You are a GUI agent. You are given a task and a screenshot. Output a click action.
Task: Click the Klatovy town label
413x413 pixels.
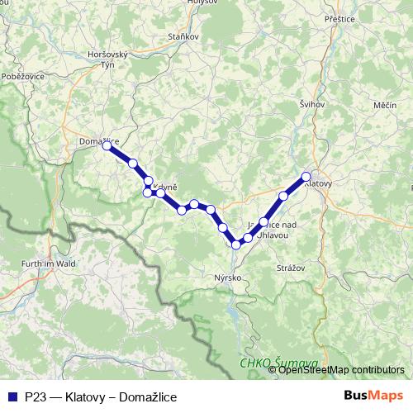(318, 184)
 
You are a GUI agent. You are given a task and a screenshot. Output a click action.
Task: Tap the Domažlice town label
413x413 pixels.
(97, 141)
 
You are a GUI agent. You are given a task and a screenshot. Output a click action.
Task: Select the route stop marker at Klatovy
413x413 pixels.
(306, 176)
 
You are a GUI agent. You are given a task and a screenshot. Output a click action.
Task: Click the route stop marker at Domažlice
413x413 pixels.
(107, 146)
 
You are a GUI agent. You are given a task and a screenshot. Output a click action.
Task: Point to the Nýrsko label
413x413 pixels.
(227, 278)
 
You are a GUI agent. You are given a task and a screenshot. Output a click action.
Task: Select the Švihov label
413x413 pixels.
(313, 104)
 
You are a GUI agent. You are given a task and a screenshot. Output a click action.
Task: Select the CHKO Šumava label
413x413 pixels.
(270, 363)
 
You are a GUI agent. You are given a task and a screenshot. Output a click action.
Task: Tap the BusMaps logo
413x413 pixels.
(373, 396)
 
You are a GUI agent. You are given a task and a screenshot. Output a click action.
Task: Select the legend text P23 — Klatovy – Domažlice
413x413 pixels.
(101, 396)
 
